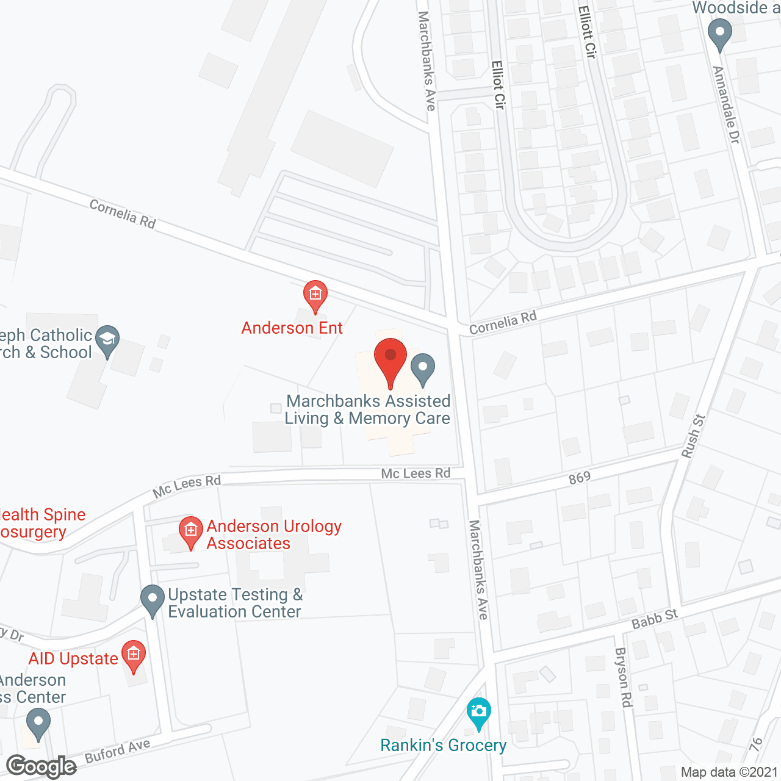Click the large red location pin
390,360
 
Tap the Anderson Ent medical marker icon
315,295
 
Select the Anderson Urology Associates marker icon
191,531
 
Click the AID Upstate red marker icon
134,655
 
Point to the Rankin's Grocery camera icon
479,712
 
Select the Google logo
41,766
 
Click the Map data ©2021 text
729,772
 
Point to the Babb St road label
655,619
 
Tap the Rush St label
693,436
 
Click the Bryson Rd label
623,677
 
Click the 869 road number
580,478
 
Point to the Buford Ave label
118,751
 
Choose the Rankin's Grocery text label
444,745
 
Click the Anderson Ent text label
292,328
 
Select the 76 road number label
757,744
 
